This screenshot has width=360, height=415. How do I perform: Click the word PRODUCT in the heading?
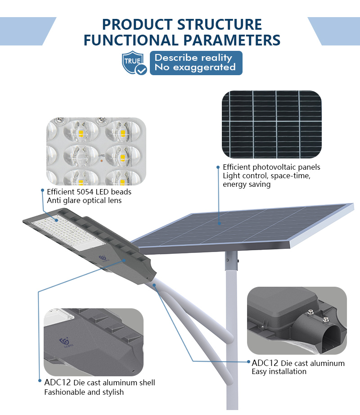pyautogui.click(x=137, y=25)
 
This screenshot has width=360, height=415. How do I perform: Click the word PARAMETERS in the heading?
pyautogui.click(x=232, y=40)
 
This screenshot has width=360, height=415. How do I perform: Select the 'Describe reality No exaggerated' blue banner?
pyautogui.click(x=196, y=63)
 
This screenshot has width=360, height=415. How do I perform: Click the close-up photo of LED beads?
pyautogui.click(x=96, y=151)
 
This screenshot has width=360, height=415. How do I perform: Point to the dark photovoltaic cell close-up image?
pyautogui.click(x=272, y=124)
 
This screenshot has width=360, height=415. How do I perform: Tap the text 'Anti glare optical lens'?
pyautogui.click(x=84, y=201)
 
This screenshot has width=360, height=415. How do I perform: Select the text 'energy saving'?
pyautogui.click(x=247, y=184)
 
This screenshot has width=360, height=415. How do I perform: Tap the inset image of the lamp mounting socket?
pyautogui.click(x=297, y=320)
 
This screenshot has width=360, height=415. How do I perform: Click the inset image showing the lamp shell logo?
pyautogui.click(x=93, y=342)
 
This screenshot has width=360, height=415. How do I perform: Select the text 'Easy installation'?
pyautogui.click(x=279, y=372)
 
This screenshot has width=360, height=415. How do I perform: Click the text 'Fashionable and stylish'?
pyautogui.click(x=84, y=392)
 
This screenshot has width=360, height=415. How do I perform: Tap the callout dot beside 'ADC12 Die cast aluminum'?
pyautogui.click(x=248, y=361)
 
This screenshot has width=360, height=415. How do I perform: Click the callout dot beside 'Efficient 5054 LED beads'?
pyautogui.click(x=42, y=190)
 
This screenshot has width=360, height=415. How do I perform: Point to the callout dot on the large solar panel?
pyautogui.click(x=219, y=223)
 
